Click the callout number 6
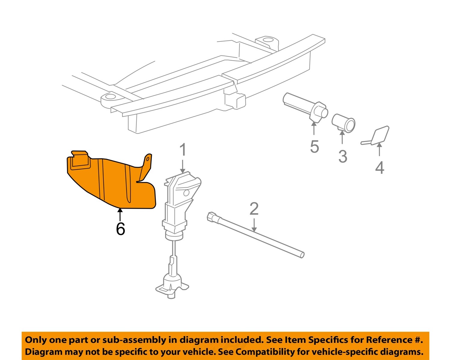point(120,229)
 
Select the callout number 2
point(254,209)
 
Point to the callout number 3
point(342,157)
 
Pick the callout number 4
point(379,168)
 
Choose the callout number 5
point(314,147)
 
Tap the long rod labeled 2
point(256,235)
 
